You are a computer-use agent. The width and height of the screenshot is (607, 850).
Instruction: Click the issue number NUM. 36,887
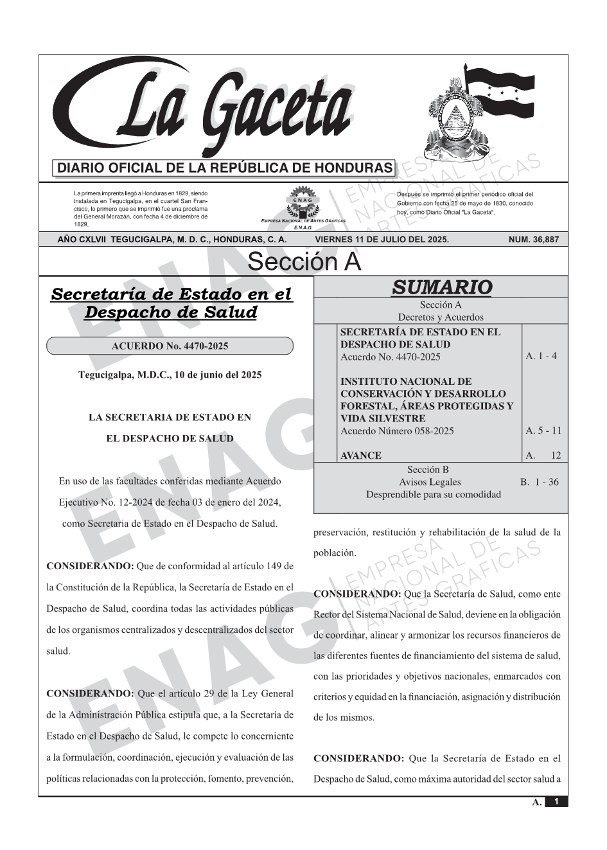pos(533,240)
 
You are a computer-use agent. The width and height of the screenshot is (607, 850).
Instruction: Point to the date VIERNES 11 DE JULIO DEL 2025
pos(382,240)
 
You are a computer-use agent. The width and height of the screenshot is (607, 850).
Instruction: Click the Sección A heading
pos(304,262)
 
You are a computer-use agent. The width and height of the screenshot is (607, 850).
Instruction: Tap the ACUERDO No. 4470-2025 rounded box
pos(170,346)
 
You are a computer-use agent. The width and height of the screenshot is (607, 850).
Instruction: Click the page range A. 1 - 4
pos(541,356)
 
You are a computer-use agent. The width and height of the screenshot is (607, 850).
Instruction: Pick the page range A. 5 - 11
pos(543,430)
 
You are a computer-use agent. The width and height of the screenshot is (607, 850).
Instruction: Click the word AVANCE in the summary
pos(360,456)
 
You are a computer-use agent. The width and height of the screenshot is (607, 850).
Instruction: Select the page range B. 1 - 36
pos(539,482)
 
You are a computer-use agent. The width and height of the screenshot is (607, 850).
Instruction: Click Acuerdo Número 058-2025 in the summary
pos(397,431)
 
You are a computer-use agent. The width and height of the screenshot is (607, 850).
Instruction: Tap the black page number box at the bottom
pos(556,802)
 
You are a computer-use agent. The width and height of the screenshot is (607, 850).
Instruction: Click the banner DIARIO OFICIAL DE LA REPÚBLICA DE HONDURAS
pos(225,168)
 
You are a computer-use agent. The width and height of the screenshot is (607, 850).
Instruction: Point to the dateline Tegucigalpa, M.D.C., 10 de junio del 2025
pos(170,375)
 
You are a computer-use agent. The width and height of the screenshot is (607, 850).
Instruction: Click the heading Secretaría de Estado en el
pos(171,295)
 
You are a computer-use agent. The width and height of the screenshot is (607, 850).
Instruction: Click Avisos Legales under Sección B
pos(430,482)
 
